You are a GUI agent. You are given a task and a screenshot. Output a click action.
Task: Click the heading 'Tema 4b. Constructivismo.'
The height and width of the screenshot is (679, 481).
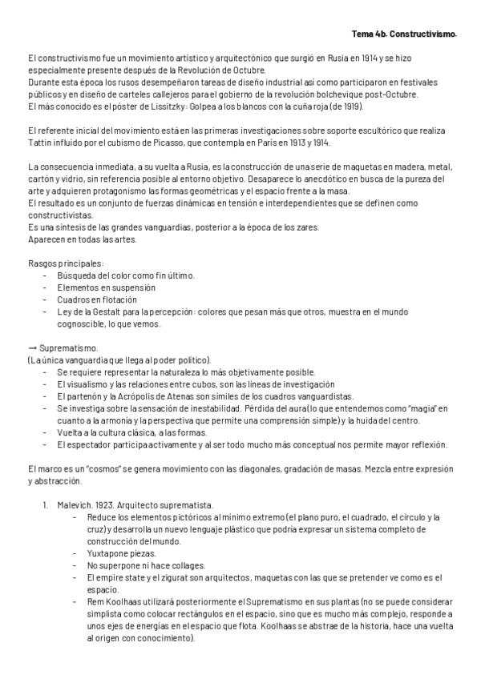click(x=404, y=35)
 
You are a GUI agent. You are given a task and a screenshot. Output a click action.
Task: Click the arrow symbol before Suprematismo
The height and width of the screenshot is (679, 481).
click(x=31, y=348)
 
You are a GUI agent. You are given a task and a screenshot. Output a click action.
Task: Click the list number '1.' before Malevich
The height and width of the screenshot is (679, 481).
click(x=45, y=505)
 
